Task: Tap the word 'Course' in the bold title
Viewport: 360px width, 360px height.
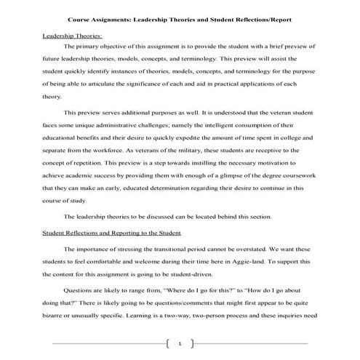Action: click(x=92, y=17)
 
